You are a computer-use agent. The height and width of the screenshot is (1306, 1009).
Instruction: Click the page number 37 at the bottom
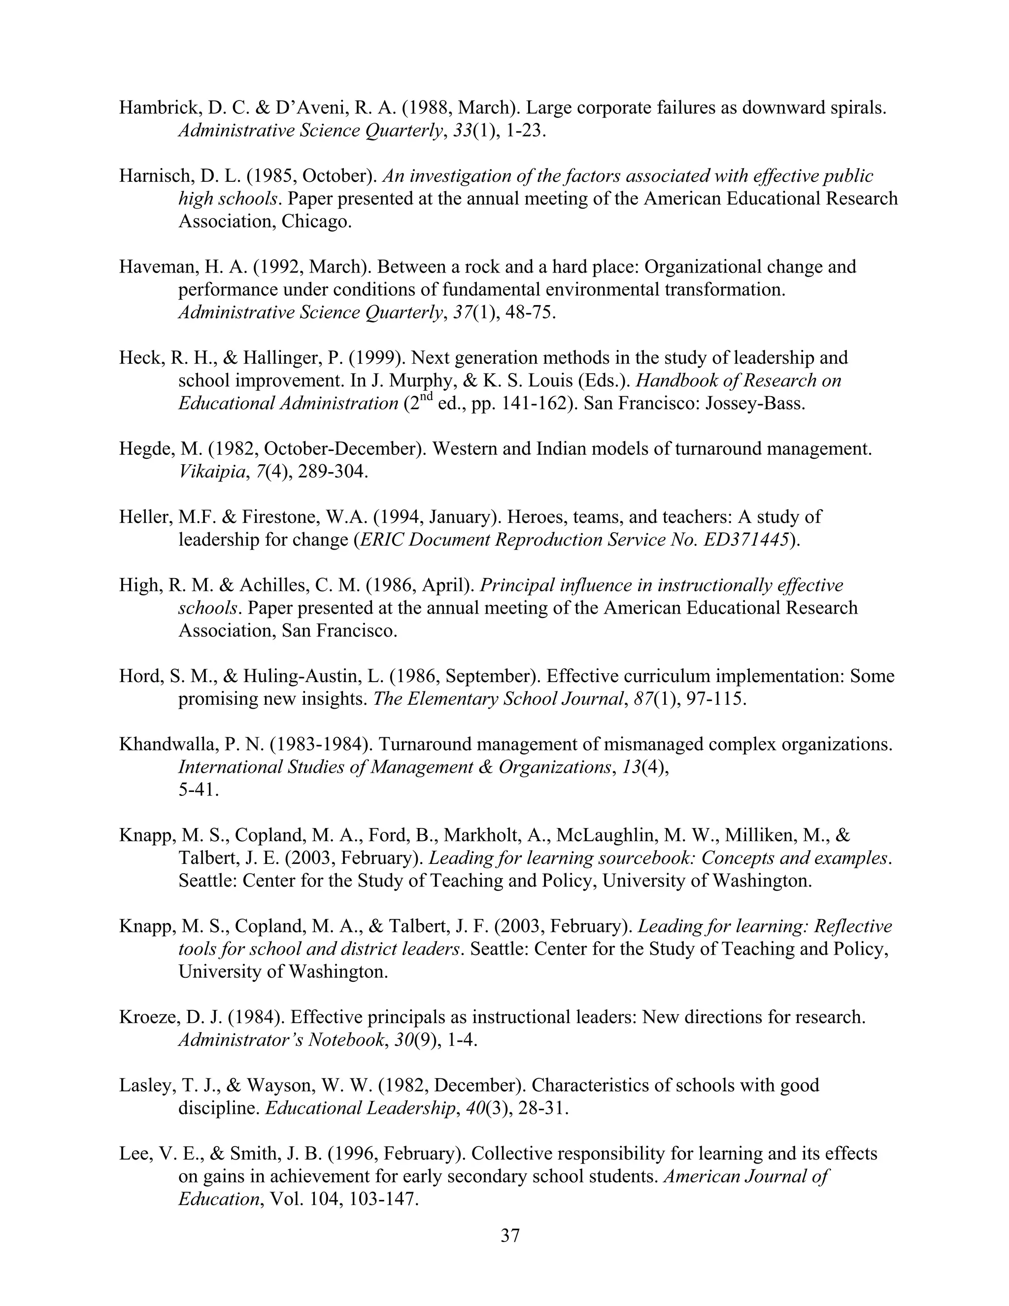tap(510, 1236)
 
